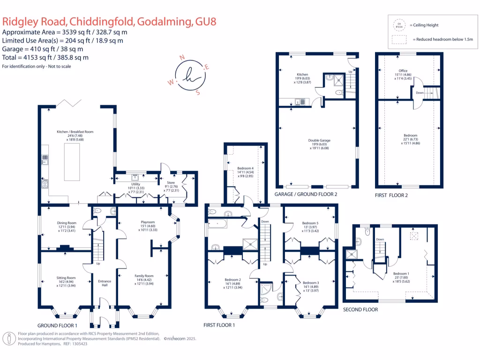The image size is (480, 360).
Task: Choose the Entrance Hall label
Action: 105,284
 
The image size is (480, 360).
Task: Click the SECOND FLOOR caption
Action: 360,310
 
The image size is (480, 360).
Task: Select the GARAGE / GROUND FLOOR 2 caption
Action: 306,194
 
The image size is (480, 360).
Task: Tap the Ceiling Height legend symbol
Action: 400,25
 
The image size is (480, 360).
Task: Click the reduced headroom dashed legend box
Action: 400,40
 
